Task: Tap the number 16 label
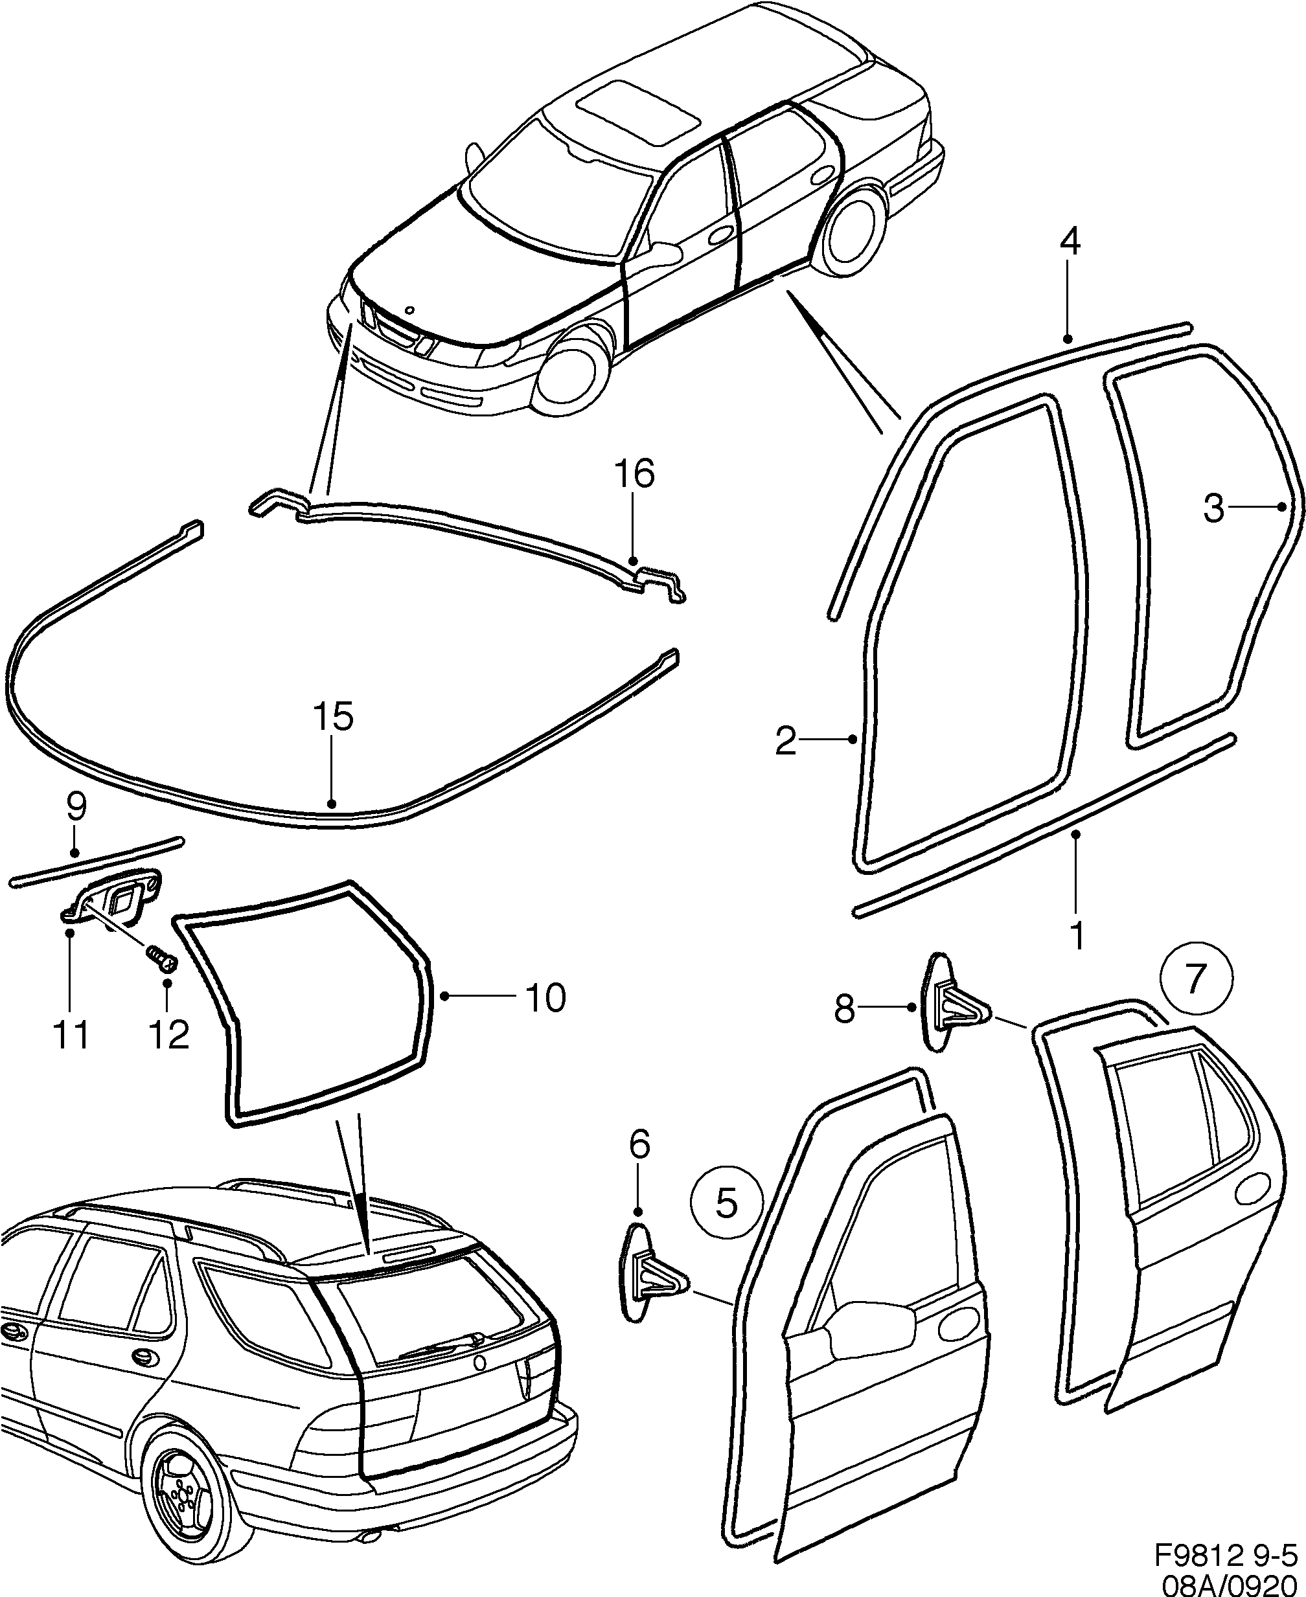tap(634, 475)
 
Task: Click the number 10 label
tap(545, 999)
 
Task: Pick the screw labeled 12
tap(159, 957)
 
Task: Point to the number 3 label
tap(1213, 509)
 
